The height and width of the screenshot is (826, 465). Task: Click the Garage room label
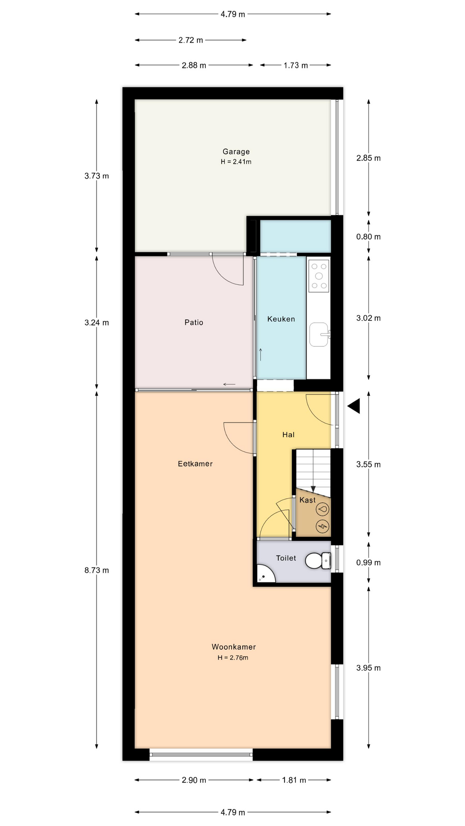(236, 151)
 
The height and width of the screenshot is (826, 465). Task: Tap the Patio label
(194, 322)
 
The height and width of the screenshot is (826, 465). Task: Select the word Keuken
(281, 319)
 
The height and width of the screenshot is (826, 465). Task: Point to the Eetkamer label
(195, 464)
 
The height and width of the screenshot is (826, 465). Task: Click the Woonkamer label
(234, 647)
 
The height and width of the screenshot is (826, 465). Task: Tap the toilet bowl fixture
(318, 561)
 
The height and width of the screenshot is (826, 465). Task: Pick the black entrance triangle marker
(354, 406)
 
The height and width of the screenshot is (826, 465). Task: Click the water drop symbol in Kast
(322, 509)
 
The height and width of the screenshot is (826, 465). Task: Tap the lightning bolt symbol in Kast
(322, 526)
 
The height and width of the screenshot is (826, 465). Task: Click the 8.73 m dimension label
(96, 570)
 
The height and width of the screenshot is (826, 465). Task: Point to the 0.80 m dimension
(369, 237)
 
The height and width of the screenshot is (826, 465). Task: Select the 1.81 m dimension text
(294, 780)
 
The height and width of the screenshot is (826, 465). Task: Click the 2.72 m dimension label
(191, 40)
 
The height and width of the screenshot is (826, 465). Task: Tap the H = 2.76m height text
(233, 657)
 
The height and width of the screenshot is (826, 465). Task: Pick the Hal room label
(288, 435)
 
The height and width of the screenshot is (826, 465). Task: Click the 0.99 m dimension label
(369, 563)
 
